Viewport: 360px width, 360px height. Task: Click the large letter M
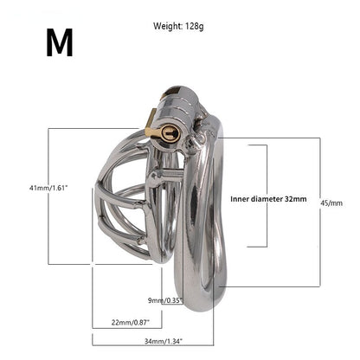tap(60, 42)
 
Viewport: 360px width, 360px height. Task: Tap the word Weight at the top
tap(168, 26)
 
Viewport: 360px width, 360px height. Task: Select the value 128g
tap(195, 26)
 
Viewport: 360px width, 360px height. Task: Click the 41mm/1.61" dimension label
tap(48, 188)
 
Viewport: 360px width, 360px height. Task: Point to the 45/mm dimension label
tap(331, 203)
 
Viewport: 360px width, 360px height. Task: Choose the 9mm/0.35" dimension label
tap(165, 300)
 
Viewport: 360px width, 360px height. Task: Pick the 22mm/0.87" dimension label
tap(131, 322)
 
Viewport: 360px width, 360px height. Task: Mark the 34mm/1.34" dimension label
tap(164, 341)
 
